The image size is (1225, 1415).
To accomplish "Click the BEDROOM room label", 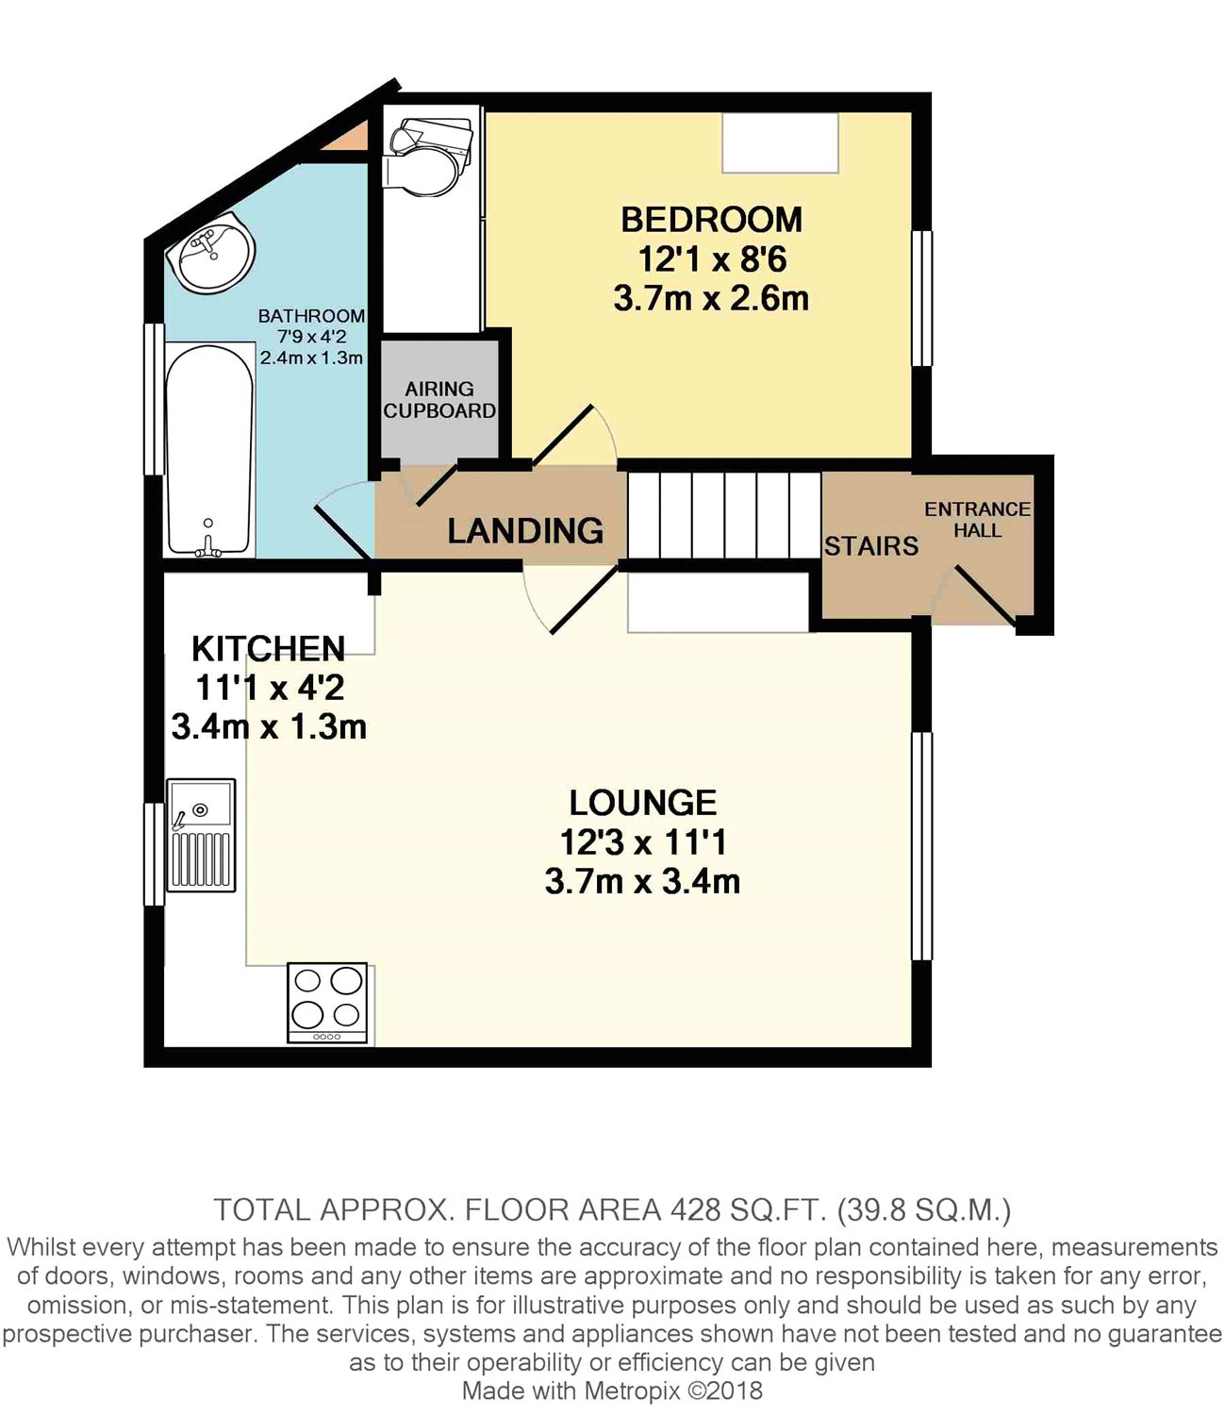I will point(711,220).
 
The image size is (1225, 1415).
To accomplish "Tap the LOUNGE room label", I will point(643,803).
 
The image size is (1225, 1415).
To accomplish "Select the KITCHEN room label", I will point(268,649).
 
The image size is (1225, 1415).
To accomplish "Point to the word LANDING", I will point(525,531).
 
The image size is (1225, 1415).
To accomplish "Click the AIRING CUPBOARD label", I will point(439,400).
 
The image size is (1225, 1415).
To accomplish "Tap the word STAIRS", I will point(871,546).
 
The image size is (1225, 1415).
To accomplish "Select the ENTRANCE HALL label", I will point(977,520).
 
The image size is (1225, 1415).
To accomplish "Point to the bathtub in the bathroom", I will point(208,450).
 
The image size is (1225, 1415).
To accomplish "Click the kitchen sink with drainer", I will point(201,835).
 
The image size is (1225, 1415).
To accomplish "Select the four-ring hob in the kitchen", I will point(327,1003).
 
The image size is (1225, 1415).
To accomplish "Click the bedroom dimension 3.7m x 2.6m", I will point(711,299).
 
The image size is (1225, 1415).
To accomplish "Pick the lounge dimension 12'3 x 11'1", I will point(643,842).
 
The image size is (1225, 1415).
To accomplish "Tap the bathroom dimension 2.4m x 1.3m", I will point(311,358).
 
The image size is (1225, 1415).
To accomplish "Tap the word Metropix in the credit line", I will point(633,1390).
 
